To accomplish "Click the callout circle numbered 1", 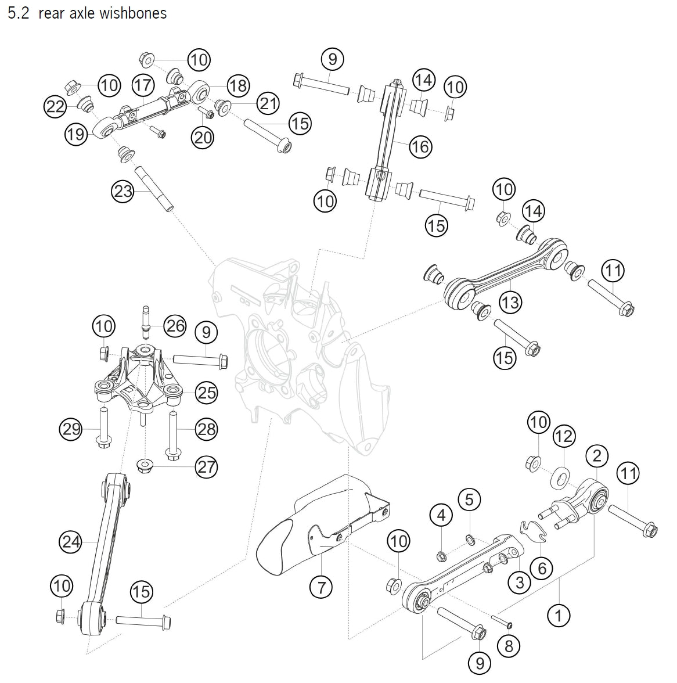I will (x=559, y=614).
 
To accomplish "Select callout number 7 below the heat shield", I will (x=321, y=587).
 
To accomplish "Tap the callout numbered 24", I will (x=71, y=542).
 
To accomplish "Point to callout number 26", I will (x=175, y=326).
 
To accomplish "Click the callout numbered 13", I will (x=510, y=302).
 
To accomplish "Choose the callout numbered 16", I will (x=420, y=147).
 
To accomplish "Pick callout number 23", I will (x=124, y=191).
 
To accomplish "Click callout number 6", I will (x=542, y=567).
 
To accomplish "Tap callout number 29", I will (x=71, y=430).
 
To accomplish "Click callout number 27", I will (x=206, y=466).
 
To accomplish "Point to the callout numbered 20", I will (x=203, y=137).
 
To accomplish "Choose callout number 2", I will (x=597, y=456).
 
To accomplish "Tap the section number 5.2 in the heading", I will (x=19, y=13).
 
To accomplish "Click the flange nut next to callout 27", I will (x=143, y=466).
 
